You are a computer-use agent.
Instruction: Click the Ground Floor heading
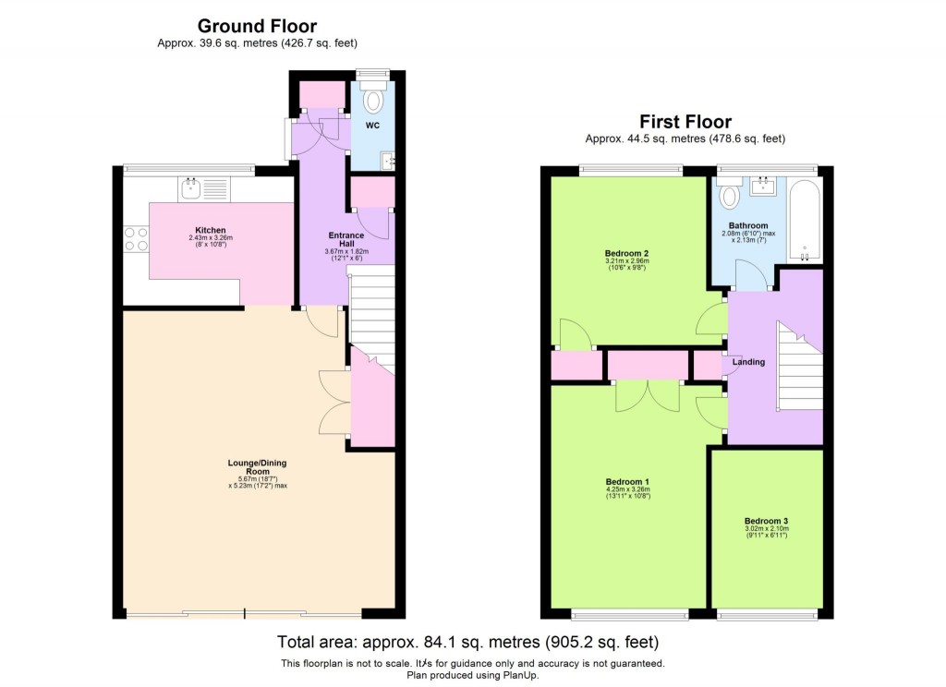[256, 26]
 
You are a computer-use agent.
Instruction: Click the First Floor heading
[685, 122]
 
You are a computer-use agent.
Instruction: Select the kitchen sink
[190, 188]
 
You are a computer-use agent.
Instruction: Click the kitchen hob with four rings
[136, 238]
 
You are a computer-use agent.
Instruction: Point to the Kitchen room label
[210, 230]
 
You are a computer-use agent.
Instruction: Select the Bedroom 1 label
[627, 481]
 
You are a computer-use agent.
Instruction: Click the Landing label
[748, 362]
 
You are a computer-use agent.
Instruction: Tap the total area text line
[468, 642]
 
